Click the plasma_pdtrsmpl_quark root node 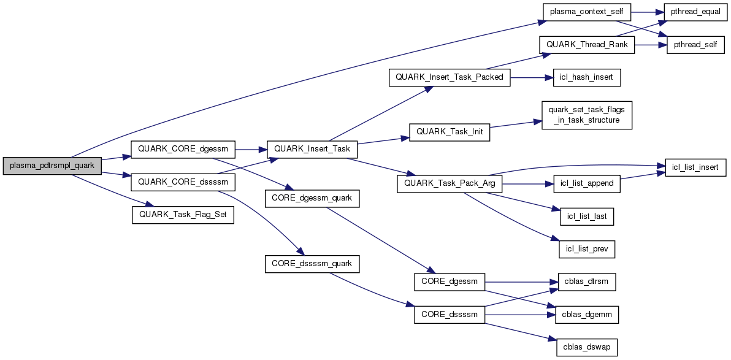click(52, 166)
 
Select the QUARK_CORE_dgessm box click(175, 149)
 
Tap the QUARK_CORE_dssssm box click(175, 182)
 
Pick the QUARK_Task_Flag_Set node click(183, 215)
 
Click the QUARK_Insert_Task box click(312, 149)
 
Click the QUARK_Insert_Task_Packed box click(450, 77)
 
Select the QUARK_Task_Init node click(450, 132)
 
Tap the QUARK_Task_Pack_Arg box click(450, 183)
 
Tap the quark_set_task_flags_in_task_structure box click(587, 115)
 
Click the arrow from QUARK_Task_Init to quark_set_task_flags click(515, 125)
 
